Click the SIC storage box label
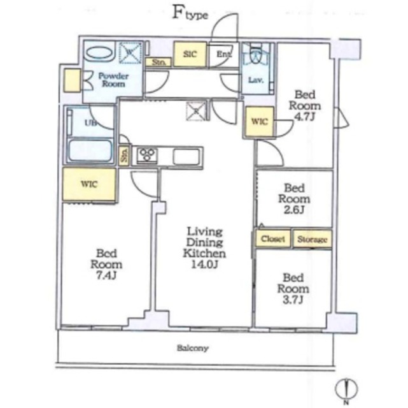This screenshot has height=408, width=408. (x=190, y=54)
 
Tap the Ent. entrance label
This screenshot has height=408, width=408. (x=224, y=54)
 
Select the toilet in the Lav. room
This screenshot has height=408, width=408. (x=255, y=55)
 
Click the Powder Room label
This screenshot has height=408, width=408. (x=113, y=80)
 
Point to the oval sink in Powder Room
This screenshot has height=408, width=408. (x=100, y=54)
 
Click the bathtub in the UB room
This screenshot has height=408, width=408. (x=90, y=151)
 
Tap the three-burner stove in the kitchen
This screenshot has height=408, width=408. (x=148, y=156)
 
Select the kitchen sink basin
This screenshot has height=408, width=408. (x=186, y=157)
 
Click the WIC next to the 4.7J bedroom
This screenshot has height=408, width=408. (x=259, y=122)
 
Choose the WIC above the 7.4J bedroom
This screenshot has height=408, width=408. (x=89, y=184)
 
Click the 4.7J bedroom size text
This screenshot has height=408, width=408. (x=304, y=117)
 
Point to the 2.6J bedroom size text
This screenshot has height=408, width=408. (x=294, y=210)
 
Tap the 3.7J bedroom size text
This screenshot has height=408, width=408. (x=293, y=300)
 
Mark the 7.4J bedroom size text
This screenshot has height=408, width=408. (x=106, y=275)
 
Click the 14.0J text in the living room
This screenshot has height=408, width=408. (x=204, y=265)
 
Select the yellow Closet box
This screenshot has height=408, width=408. (x=272, y=238)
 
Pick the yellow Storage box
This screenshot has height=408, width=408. (x=313, y=238)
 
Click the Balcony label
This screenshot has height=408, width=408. (x=193, y=348)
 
